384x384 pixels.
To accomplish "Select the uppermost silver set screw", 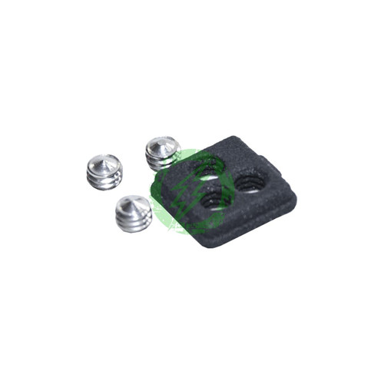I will click(163, 151).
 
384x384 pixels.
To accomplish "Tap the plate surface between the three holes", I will click(227, 180).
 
